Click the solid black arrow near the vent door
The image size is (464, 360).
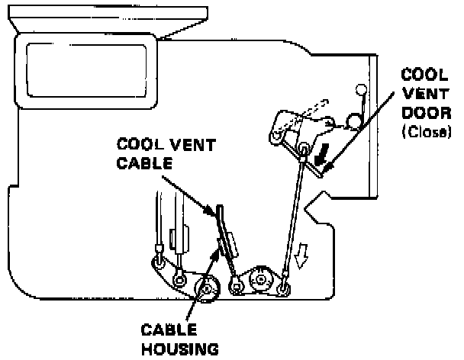pos(321,156)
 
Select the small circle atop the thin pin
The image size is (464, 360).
pos(360,92)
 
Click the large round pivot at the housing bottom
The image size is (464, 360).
pos(207,289)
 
